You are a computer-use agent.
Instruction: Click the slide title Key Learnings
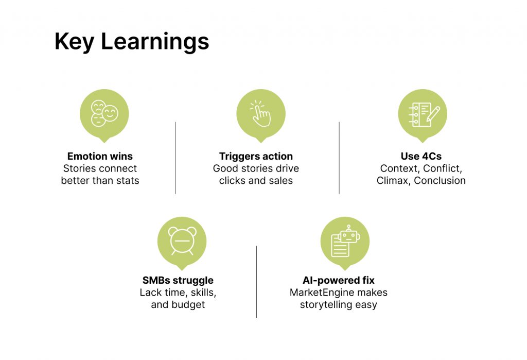(x=132, y=42)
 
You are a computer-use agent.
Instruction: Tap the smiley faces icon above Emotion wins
(x=104, y=113)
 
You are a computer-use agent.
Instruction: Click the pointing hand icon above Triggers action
(x=260, y=113)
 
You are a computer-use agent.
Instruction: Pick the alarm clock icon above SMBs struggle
(x=182, y=241)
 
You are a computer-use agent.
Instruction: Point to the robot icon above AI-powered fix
(x=345, y=241)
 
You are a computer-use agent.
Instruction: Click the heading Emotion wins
(x=100, y=156)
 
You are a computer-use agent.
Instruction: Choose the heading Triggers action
(x=256, y=157)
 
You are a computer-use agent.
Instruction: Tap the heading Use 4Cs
(x=421, y=156)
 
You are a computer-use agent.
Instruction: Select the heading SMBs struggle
(x=178, y=281)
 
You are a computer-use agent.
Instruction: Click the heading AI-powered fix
(x=339, y=280)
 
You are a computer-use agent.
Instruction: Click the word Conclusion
(x=440, y=181)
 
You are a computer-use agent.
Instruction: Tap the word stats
(x=128, y=181)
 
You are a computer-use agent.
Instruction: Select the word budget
(x=188, y=305)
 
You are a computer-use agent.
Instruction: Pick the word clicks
(x=232, y=181)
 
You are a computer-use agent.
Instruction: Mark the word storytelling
(x=322, y=305)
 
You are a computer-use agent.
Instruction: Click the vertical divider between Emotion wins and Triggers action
(x=175, y=158)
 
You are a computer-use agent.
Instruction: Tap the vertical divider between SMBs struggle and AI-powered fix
(x=256, y=282)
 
